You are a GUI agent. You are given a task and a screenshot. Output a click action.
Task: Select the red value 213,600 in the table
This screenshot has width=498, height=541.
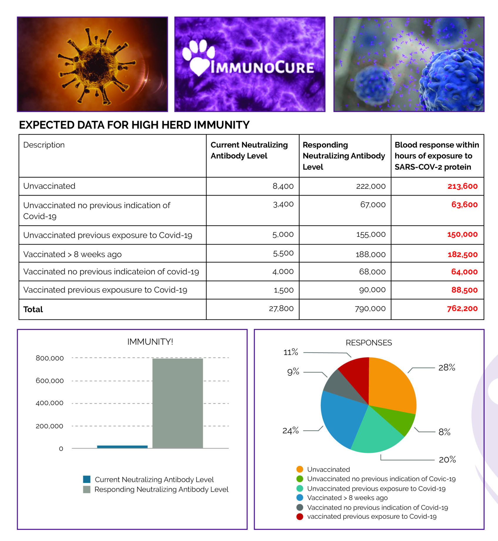462,186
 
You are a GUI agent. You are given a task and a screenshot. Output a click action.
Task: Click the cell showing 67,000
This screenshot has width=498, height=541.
373,205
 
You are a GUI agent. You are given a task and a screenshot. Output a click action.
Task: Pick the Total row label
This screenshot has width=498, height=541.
33,309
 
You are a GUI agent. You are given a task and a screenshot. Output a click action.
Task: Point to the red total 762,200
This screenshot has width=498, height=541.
462,309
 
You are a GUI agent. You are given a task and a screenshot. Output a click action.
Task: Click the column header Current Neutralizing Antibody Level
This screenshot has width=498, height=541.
249,150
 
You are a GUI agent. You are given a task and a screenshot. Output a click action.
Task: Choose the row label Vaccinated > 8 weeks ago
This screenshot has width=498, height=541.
72,254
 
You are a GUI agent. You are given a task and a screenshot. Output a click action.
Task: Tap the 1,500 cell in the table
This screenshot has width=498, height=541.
284,290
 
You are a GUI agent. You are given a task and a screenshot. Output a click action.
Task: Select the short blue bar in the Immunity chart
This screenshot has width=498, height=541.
122,446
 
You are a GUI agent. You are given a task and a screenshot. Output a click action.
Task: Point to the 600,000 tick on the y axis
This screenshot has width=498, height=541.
50,381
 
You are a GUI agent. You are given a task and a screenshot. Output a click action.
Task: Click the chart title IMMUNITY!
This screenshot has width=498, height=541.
150,342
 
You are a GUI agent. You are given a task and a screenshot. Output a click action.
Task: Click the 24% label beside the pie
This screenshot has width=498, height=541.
290,431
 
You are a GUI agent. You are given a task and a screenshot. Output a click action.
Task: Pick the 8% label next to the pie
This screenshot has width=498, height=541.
444,432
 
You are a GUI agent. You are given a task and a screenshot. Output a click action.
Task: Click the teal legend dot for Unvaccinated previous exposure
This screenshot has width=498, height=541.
300,488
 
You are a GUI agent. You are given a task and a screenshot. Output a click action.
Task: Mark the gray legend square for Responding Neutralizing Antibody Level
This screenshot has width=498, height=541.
87,489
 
